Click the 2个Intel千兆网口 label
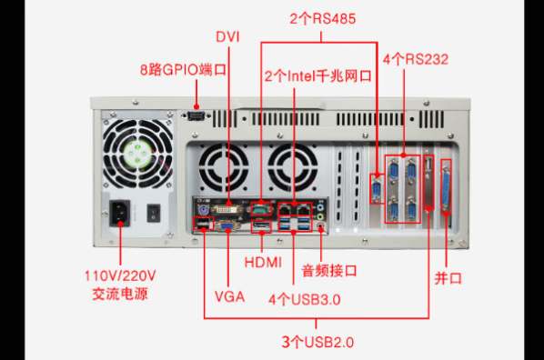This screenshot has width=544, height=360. (317, 76)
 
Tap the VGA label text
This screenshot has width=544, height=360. (229, 295)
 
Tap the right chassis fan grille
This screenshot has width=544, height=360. (294, 168)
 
